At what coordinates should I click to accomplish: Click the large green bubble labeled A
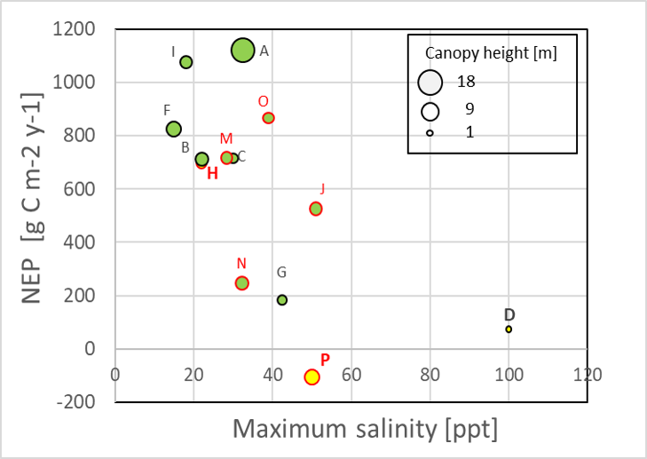click(242, 51)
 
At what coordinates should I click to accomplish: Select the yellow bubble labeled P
click(312, 376)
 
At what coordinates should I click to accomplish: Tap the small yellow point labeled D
click(509, 329)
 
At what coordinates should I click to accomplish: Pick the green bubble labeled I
click(186, 62)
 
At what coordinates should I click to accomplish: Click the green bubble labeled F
click(174, 129)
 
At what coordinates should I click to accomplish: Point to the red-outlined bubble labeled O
click(268, 118)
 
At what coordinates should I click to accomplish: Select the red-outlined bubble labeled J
click(315, 209)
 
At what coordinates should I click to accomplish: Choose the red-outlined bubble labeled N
click(241, 283)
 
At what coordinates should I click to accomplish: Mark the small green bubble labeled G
click(282, 300)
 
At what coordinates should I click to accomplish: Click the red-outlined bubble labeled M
click(226, 158)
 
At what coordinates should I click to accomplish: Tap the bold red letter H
click(212, 173)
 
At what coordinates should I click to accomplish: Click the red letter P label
click(325, 360)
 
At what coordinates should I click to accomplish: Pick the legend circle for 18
click(430, 81)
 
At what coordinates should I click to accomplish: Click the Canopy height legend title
click(492, 52)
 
